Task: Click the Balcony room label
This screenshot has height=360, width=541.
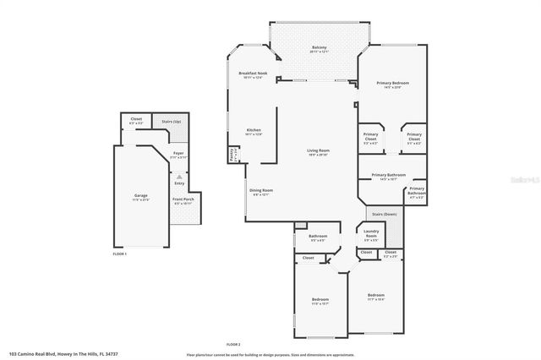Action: (x=319, y=47)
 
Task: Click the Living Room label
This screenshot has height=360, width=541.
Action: (x=318, y=151)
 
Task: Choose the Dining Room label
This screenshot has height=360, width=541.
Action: (x=260, y=191)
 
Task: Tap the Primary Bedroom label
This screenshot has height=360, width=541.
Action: (x=393, y=84)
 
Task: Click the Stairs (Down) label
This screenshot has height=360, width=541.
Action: (x=385, y=215)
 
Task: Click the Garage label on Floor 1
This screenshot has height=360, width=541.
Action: (x=140, y=196)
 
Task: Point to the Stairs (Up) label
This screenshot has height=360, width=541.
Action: (x=172, y=122)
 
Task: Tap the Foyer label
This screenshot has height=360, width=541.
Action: (x=178, y=154)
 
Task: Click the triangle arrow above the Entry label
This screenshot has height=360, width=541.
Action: (x=179, y=177)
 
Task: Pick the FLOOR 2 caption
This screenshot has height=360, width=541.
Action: (x=233, y=344)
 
